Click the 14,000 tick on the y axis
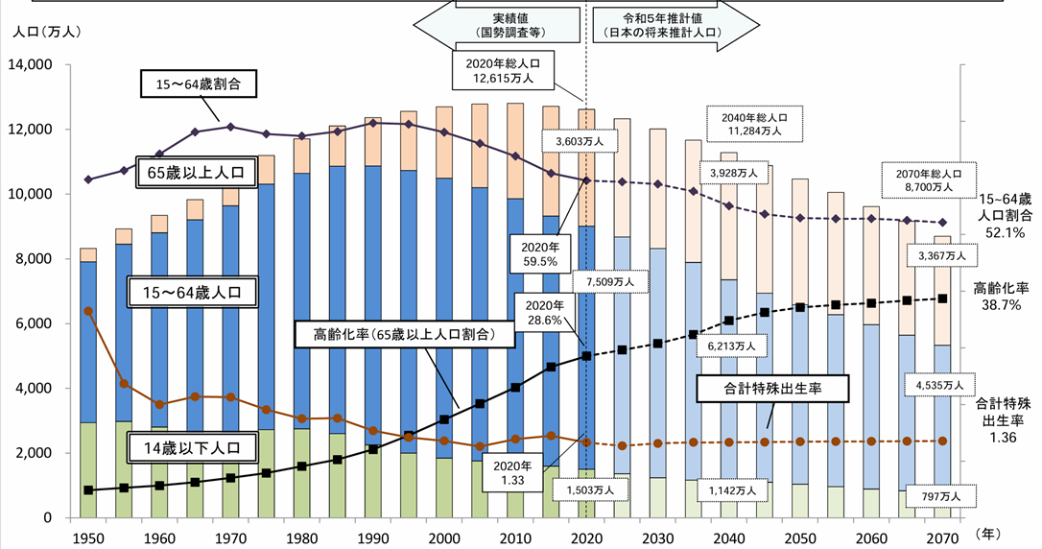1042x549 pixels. click(x=33, y=65)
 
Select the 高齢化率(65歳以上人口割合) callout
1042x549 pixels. click(x=404, y=335)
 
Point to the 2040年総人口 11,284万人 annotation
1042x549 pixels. click(x=751, y=123)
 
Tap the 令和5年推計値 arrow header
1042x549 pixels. click(x=657, y=25)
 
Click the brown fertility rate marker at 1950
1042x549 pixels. click(x=88, y=311)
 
